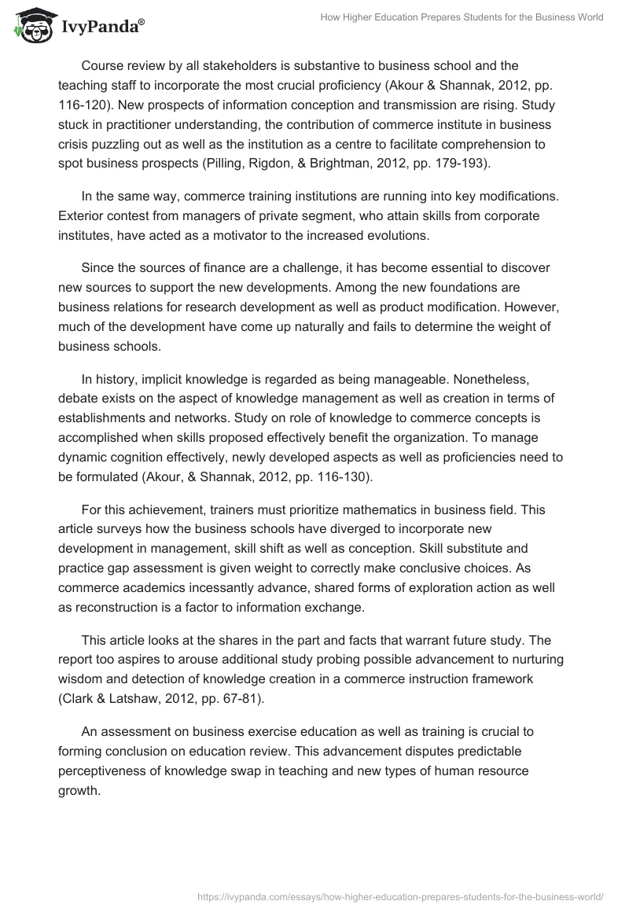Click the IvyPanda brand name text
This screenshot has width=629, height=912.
tap(99, 28)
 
